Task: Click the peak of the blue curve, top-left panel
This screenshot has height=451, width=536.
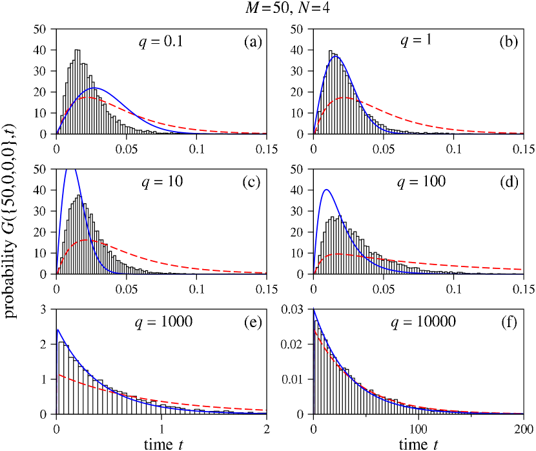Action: click(x=95, y=87)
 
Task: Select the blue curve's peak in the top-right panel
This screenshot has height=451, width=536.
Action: click(x=336, y=56)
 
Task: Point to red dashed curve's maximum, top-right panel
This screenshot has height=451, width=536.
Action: click(x=347, y=97)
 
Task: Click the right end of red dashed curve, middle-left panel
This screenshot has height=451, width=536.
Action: click(x=265, y=273)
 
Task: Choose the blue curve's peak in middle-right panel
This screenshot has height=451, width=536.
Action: click(x=327, y=189)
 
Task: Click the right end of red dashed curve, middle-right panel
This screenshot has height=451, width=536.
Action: click(x=522, y=269)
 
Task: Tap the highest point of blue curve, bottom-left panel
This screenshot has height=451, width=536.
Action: click(x=57, y=330)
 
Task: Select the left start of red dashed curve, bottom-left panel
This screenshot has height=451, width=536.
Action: click(x=57, y=374)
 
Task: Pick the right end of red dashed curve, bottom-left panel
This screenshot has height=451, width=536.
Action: click(x=265, y=410)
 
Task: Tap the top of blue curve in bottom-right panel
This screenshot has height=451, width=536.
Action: click(x=314, y=310)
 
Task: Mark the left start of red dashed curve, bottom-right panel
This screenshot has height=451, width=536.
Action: click(x=314, y=330)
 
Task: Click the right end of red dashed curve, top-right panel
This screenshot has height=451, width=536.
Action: click(x=522, y=133)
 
